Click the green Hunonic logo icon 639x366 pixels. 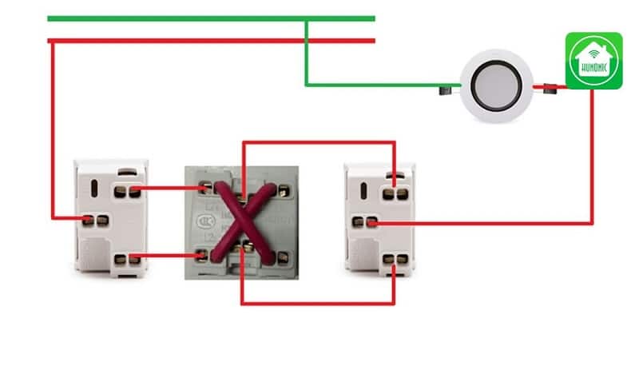[593, 60]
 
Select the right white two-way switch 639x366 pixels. [378, 217]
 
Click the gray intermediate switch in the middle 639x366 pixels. [240, 222]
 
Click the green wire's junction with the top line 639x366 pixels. [306, 18]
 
